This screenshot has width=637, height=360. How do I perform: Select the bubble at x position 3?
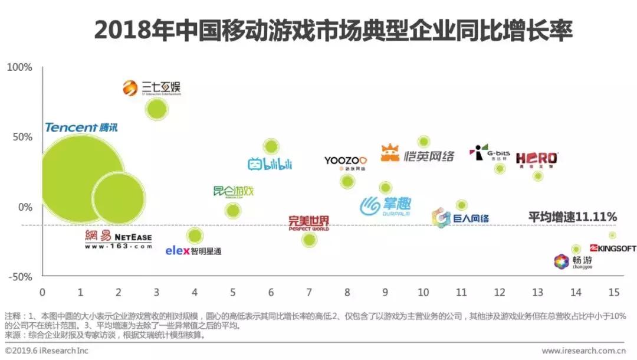pos(156,109)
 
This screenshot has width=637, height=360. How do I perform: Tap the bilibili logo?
pos(270,163)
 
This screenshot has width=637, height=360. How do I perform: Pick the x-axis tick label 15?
pos(613,292)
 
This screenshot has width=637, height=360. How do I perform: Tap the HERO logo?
pos(536,158)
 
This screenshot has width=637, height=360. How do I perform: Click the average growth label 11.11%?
pos(572,216)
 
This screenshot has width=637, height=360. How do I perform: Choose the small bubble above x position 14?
pos(576,249)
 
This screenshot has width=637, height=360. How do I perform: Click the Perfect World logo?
pos(308,223)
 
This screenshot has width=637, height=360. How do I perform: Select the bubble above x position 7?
pos(308,239)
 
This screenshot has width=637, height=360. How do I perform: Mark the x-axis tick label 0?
pos(42,292)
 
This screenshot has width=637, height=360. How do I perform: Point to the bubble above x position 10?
pos(423,142)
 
